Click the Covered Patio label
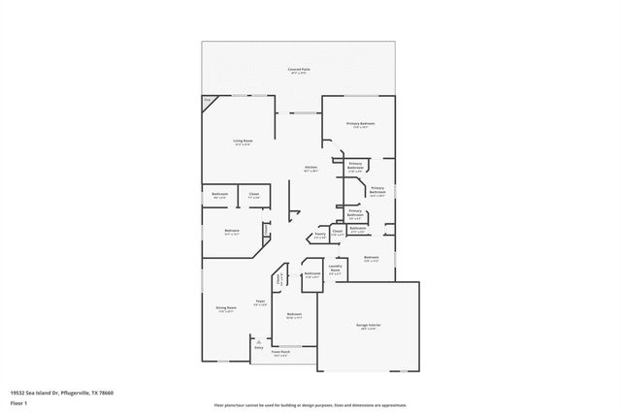tap(299, 71)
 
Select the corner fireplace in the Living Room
tap(209, 103)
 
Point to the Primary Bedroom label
tap(361, 125)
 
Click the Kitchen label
tap(311, 169)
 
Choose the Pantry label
tap(319, 235)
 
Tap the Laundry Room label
tap(336, 270)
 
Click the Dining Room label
tap(226, 308)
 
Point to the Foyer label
tap(260, 303)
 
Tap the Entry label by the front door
tap(258, 347)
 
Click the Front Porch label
tap(281, 355)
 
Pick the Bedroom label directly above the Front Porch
tap(294, 315)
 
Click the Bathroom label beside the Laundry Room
tap(311, 275)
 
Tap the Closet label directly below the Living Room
tap(254, 195)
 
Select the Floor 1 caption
tap(18, 401)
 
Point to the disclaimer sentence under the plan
tap(310, 404)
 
